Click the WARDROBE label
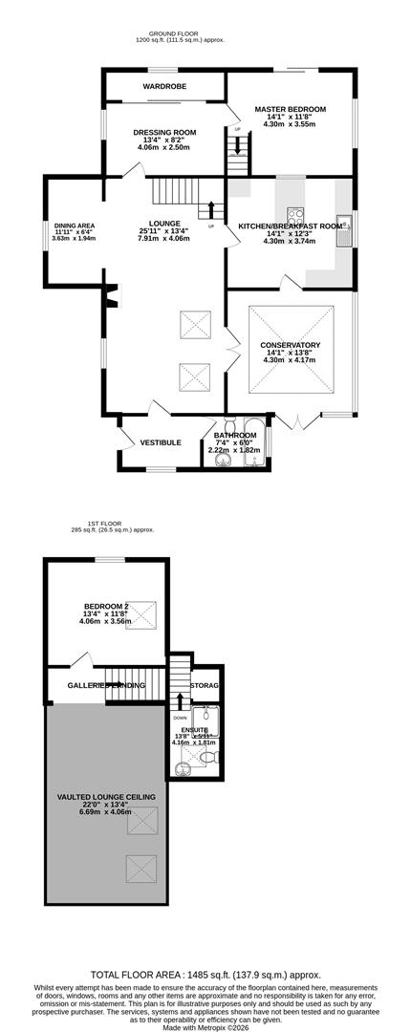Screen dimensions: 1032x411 tap(164, 86)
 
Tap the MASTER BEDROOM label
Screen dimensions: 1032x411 tap(290, 110)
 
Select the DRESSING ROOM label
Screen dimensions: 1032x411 tap(164, 132)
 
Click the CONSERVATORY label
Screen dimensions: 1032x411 tap(290, 345)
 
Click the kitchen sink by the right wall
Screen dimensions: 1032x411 tap(351, 226)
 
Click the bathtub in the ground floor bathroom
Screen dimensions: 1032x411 tap(253, 442)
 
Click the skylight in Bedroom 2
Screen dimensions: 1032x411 tap(144, 612)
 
